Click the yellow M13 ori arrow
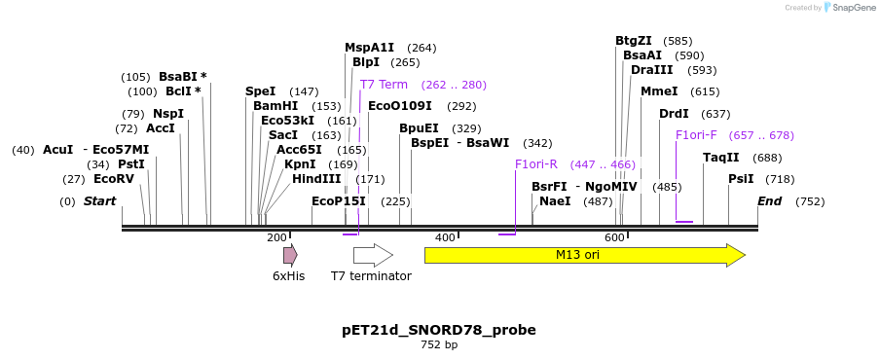tap(584, 255)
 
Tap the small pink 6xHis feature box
tap(289, 255)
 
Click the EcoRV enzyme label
tap(114, 179)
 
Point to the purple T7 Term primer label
tap(384, 85)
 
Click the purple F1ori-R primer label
tap(536, 164)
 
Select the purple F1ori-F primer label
tap(696, 135)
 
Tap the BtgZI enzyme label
tap(633, 41)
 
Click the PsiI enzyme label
tap(741, 179)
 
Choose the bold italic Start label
tap(99, 201)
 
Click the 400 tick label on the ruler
tap(445, 238)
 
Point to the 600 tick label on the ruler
tap(614, 238)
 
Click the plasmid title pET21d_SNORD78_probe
tap(439, 330)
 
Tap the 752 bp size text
tap(439, 345)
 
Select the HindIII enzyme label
tap(316, 179)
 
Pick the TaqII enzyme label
tap(721, 158)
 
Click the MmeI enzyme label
tap(659, 91)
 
